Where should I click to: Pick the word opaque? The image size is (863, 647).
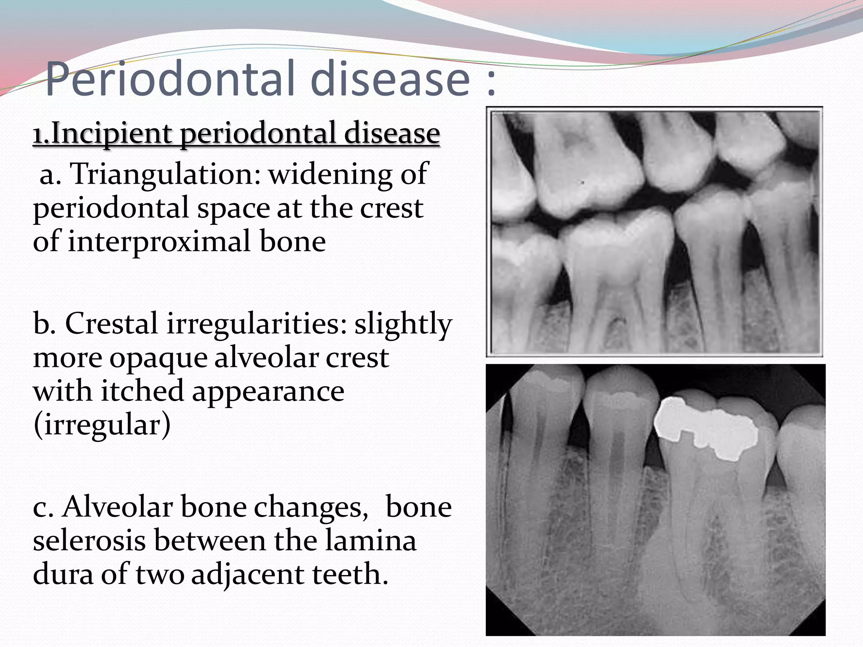[x=158, y=358]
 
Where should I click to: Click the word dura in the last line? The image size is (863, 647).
[x=63, y=574]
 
